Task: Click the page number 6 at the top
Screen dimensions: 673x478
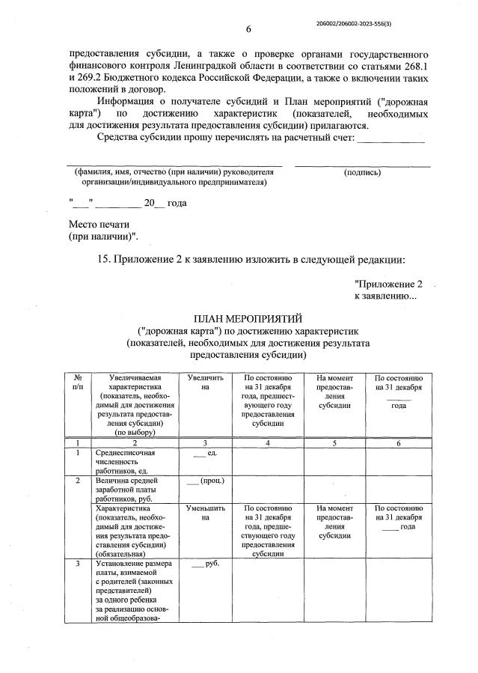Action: coord(248,29)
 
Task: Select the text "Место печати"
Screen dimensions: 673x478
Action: coord(99,224)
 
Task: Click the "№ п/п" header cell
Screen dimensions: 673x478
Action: coord(78,383)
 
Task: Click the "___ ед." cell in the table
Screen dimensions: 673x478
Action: coord(204,454)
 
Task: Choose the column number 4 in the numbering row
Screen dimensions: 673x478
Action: coord(268,443)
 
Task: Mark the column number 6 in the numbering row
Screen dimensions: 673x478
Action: coord(399,443)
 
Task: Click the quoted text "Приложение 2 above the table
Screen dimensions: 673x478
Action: coord(388,284)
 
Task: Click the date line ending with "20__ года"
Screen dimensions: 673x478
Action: coord(127,203)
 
